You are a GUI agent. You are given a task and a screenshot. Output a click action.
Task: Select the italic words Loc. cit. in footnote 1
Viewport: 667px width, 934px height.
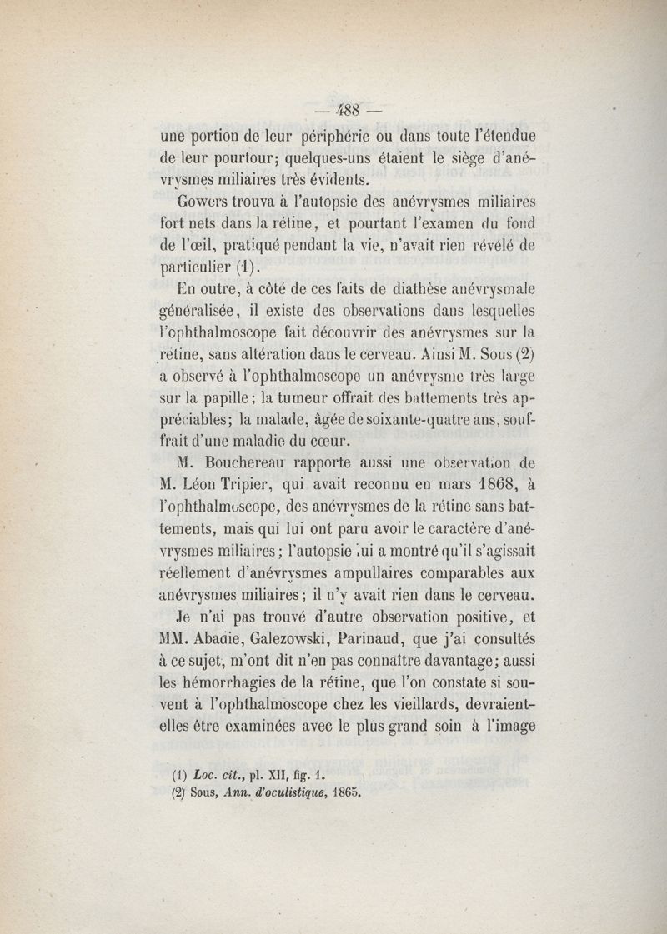pos(218,773)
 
